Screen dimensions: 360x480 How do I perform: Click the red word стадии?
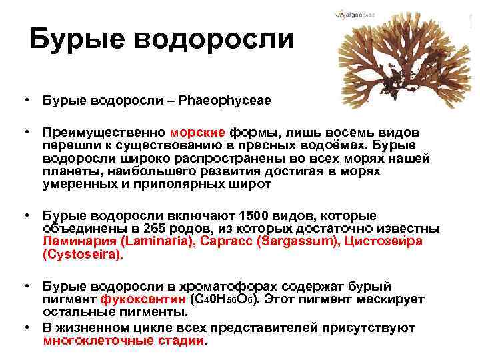pyautogui.click(x=186, y=340)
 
